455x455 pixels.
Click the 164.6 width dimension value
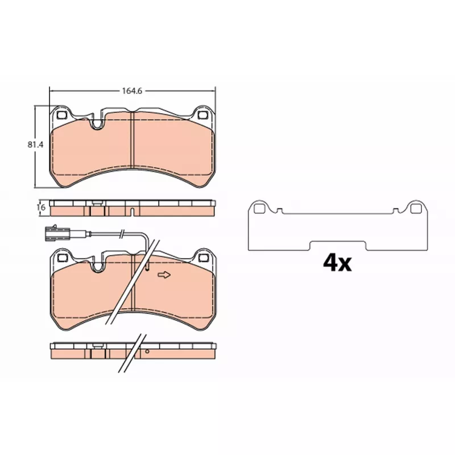(132, 91)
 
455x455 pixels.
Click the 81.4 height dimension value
(35, 144)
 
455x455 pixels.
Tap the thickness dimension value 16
(42, 208)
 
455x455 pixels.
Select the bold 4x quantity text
(337, 263)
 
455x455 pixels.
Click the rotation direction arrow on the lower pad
(164, 275)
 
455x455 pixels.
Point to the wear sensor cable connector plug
(57, 233)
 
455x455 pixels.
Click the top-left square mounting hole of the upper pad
(61, 115)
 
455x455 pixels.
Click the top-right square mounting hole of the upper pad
(202, 115)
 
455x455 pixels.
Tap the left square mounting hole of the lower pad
(62, 257)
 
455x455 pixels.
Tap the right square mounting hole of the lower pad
(202, 257)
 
